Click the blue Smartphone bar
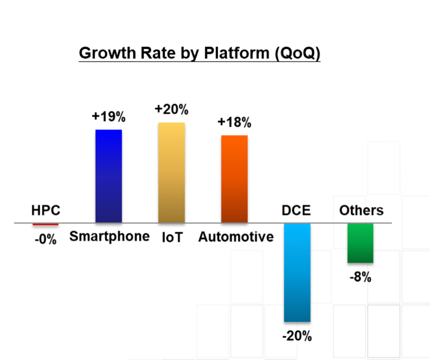(x=108, y=176)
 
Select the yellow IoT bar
(x=172, y=173)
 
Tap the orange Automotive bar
(x=234, y=179)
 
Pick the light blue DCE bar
(x=297, y=272)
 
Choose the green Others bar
(x=360, y=243)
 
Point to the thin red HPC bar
(x=45, y=224)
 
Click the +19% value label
(x=108, y=117)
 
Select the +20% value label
(x=172, y=109)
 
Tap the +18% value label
(x=234, y=122)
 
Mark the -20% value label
(x=297, y=337)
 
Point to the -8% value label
(x=360, y=277)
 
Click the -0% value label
(x=45, y=240)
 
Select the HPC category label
(x=46, y=210)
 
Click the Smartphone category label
(x=109, y=236)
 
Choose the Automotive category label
(x=236, y=237)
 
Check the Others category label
(x=361, y=210)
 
